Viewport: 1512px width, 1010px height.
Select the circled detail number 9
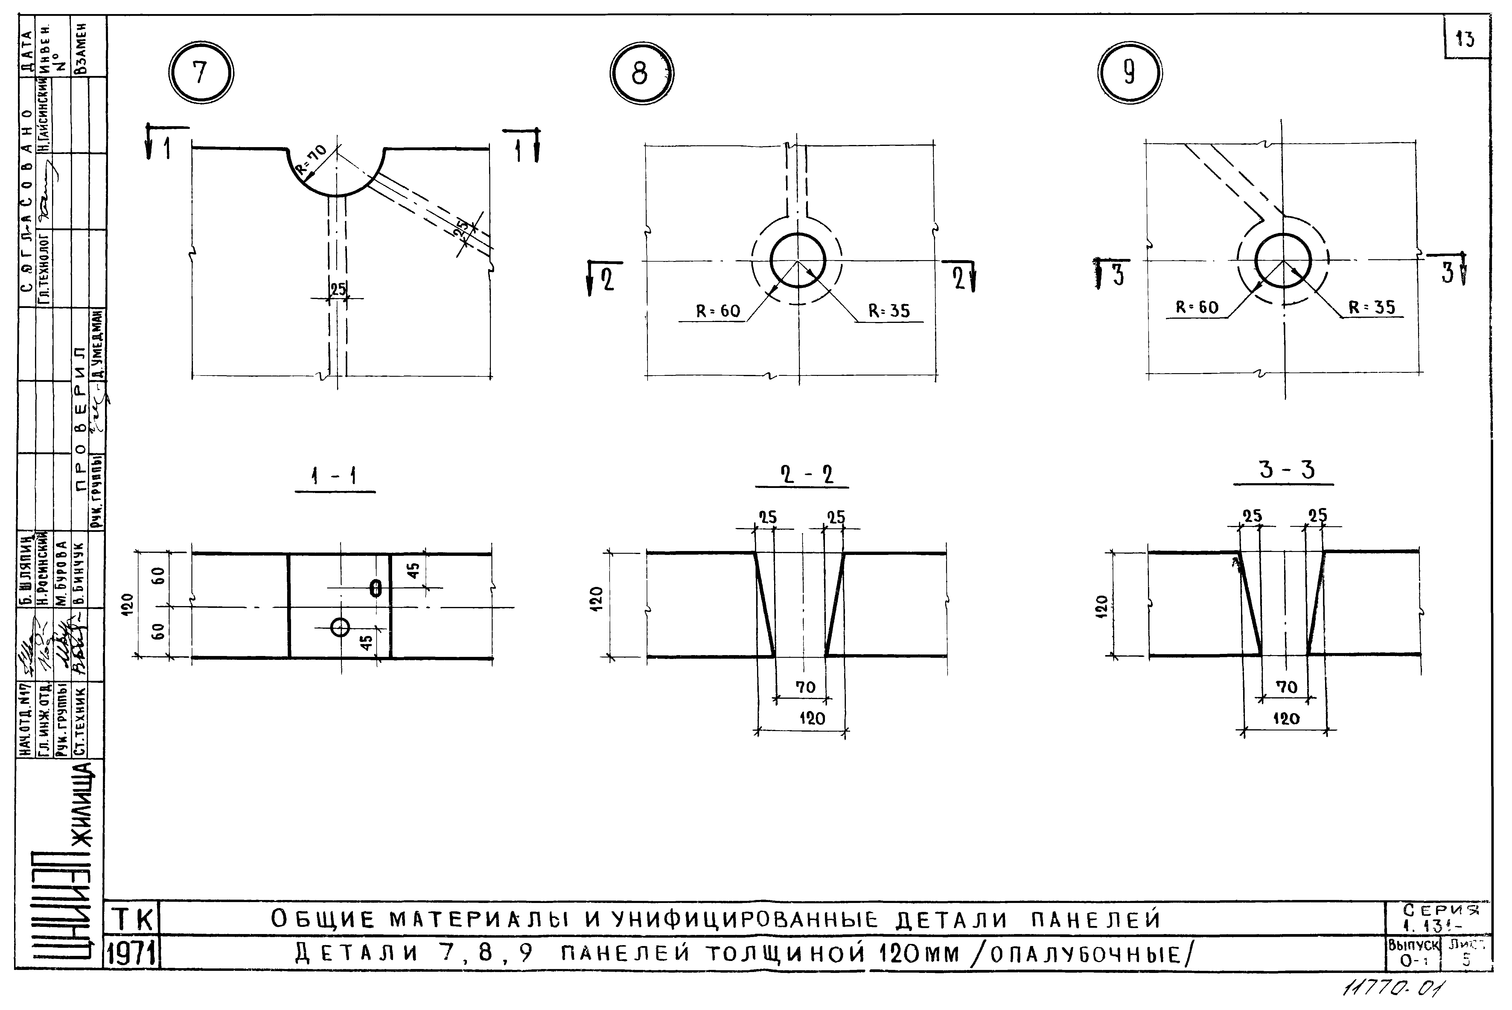(1129, 73)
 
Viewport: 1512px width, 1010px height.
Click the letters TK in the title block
(134, 919)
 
